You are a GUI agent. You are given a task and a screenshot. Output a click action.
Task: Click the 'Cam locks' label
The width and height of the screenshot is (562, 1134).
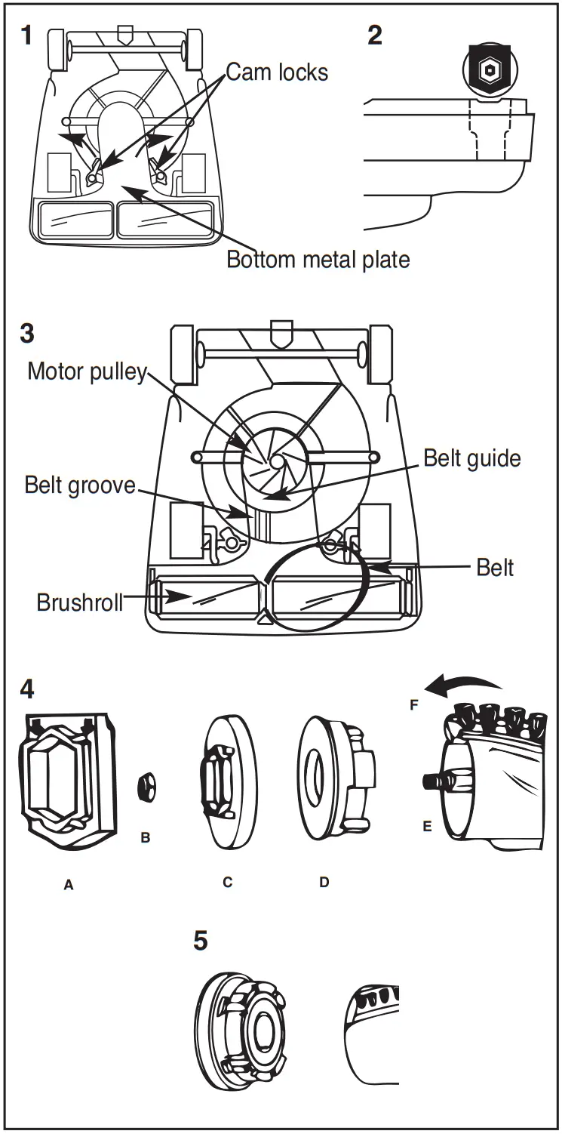point(277,72)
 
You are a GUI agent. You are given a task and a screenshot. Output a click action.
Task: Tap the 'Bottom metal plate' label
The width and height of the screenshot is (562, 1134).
point(318,260)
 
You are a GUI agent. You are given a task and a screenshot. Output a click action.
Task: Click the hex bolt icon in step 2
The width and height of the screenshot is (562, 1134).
point(488,68)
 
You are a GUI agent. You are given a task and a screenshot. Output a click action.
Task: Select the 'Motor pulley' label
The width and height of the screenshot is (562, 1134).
point(87,371)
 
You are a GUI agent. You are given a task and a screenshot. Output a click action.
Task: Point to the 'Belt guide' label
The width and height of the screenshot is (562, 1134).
point(471,458)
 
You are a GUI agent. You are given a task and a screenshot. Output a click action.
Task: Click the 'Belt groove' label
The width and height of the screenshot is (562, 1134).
point(80,484)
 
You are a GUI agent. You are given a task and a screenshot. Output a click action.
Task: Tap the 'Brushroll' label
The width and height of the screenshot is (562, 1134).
point(79,603)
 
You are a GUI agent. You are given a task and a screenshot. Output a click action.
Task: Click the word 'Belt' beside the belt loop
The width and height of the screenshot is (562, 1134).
point(495,568)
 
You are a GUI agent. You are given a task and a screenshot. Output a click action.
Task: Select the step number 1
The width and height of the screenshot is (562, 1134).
point(26,35)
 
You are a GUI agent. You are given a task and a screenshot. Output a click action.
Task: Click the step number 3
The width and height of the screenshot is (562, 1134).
point(27,333)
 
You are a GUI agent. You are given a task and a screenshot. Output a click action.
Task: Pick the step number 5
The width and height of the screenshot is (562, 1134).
point(200,941)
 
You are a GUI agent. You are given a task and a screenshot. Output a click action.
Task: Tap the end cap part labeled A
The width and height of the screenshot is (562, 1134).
point(68,782)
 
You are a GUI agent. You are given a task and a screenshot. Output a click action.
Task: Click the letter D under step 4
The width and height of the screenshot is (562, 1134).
point(324,881)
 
